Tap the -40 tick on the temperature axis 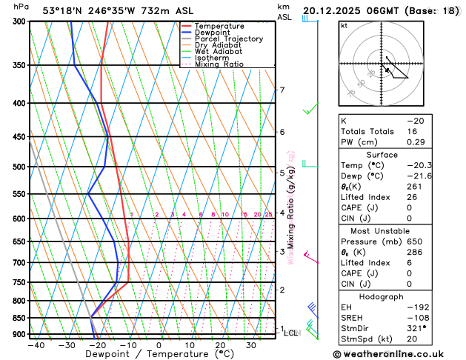36,345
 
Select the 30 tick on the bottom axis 251,345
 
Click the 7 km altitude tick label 282,90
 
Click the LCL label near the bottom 290,333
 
